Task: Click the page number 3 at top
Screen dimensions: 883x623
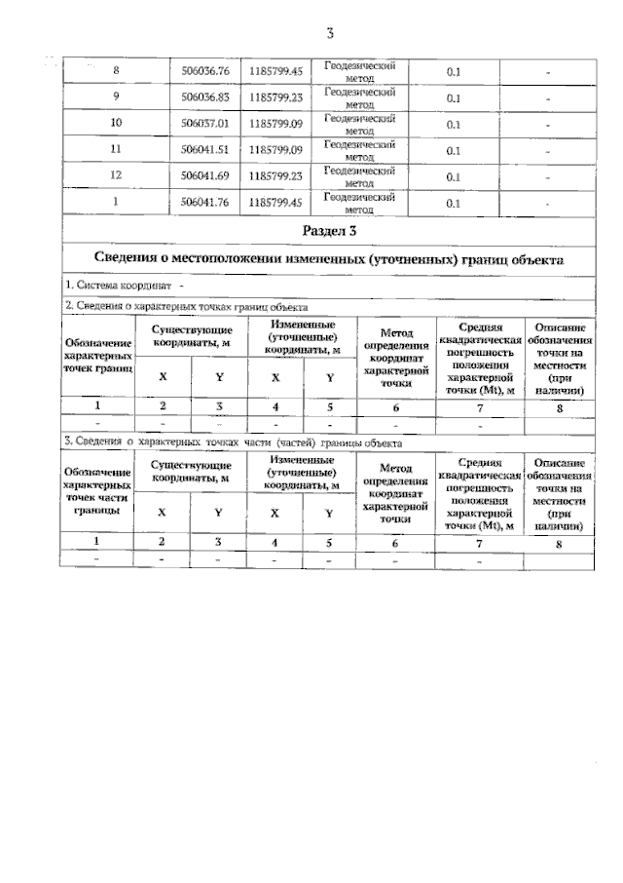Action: (330, 35)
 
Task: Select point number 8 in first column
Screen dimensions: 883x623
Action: (117, 71)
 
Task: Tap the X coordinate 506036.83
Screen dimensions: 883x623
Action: (205, 97)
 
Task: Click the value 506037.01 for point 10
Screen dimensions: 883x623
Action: (205, 124)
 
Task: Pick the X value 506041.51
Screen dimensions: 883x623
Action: (205, 150)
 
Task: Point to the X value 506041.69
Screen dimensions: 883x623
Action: (205, 176)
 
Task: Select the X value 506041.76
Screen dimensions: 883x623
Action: (205, 203)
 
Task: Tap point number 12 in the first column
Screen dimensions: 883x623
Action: (117, 176)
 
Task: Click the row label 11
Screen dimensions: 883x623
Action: (117, 150)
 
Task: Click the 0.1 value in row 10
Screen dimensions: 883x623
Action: (454, 124)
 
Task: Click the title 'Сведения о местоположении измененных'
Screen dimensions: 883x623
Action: (329, 259)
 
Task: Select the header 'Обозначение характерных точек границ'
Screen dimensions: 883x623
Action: (97, 357)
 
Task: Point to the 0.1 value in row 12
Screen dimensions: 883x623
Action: (454, 176)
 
